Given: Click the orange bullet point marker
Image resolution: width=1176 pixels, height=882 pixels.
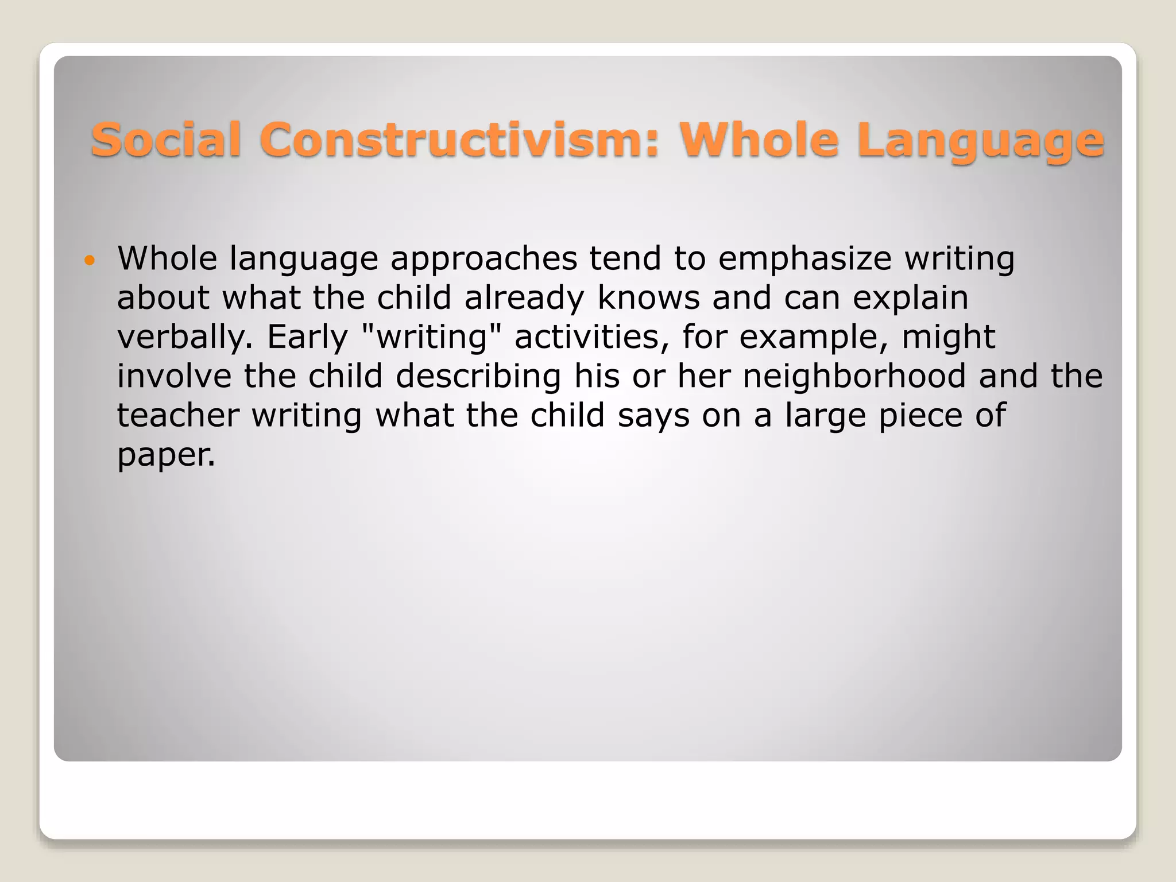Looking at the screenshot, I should [88, 261].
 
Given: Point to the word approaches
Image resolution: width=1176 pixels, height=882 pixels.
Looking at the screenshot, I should [483, 260].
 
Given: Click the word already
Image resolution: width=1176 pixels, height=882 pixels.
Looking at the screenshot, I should [524, 299].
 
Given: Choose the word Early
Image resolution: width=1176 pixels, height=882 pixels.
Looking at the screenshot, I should [307, 338].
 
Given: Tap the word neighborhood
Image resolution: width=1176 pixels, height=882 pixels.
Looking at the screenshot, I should [854, 377].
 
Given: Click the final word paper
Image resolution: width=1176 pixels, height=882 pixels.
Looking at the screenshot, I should [166, 455].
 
